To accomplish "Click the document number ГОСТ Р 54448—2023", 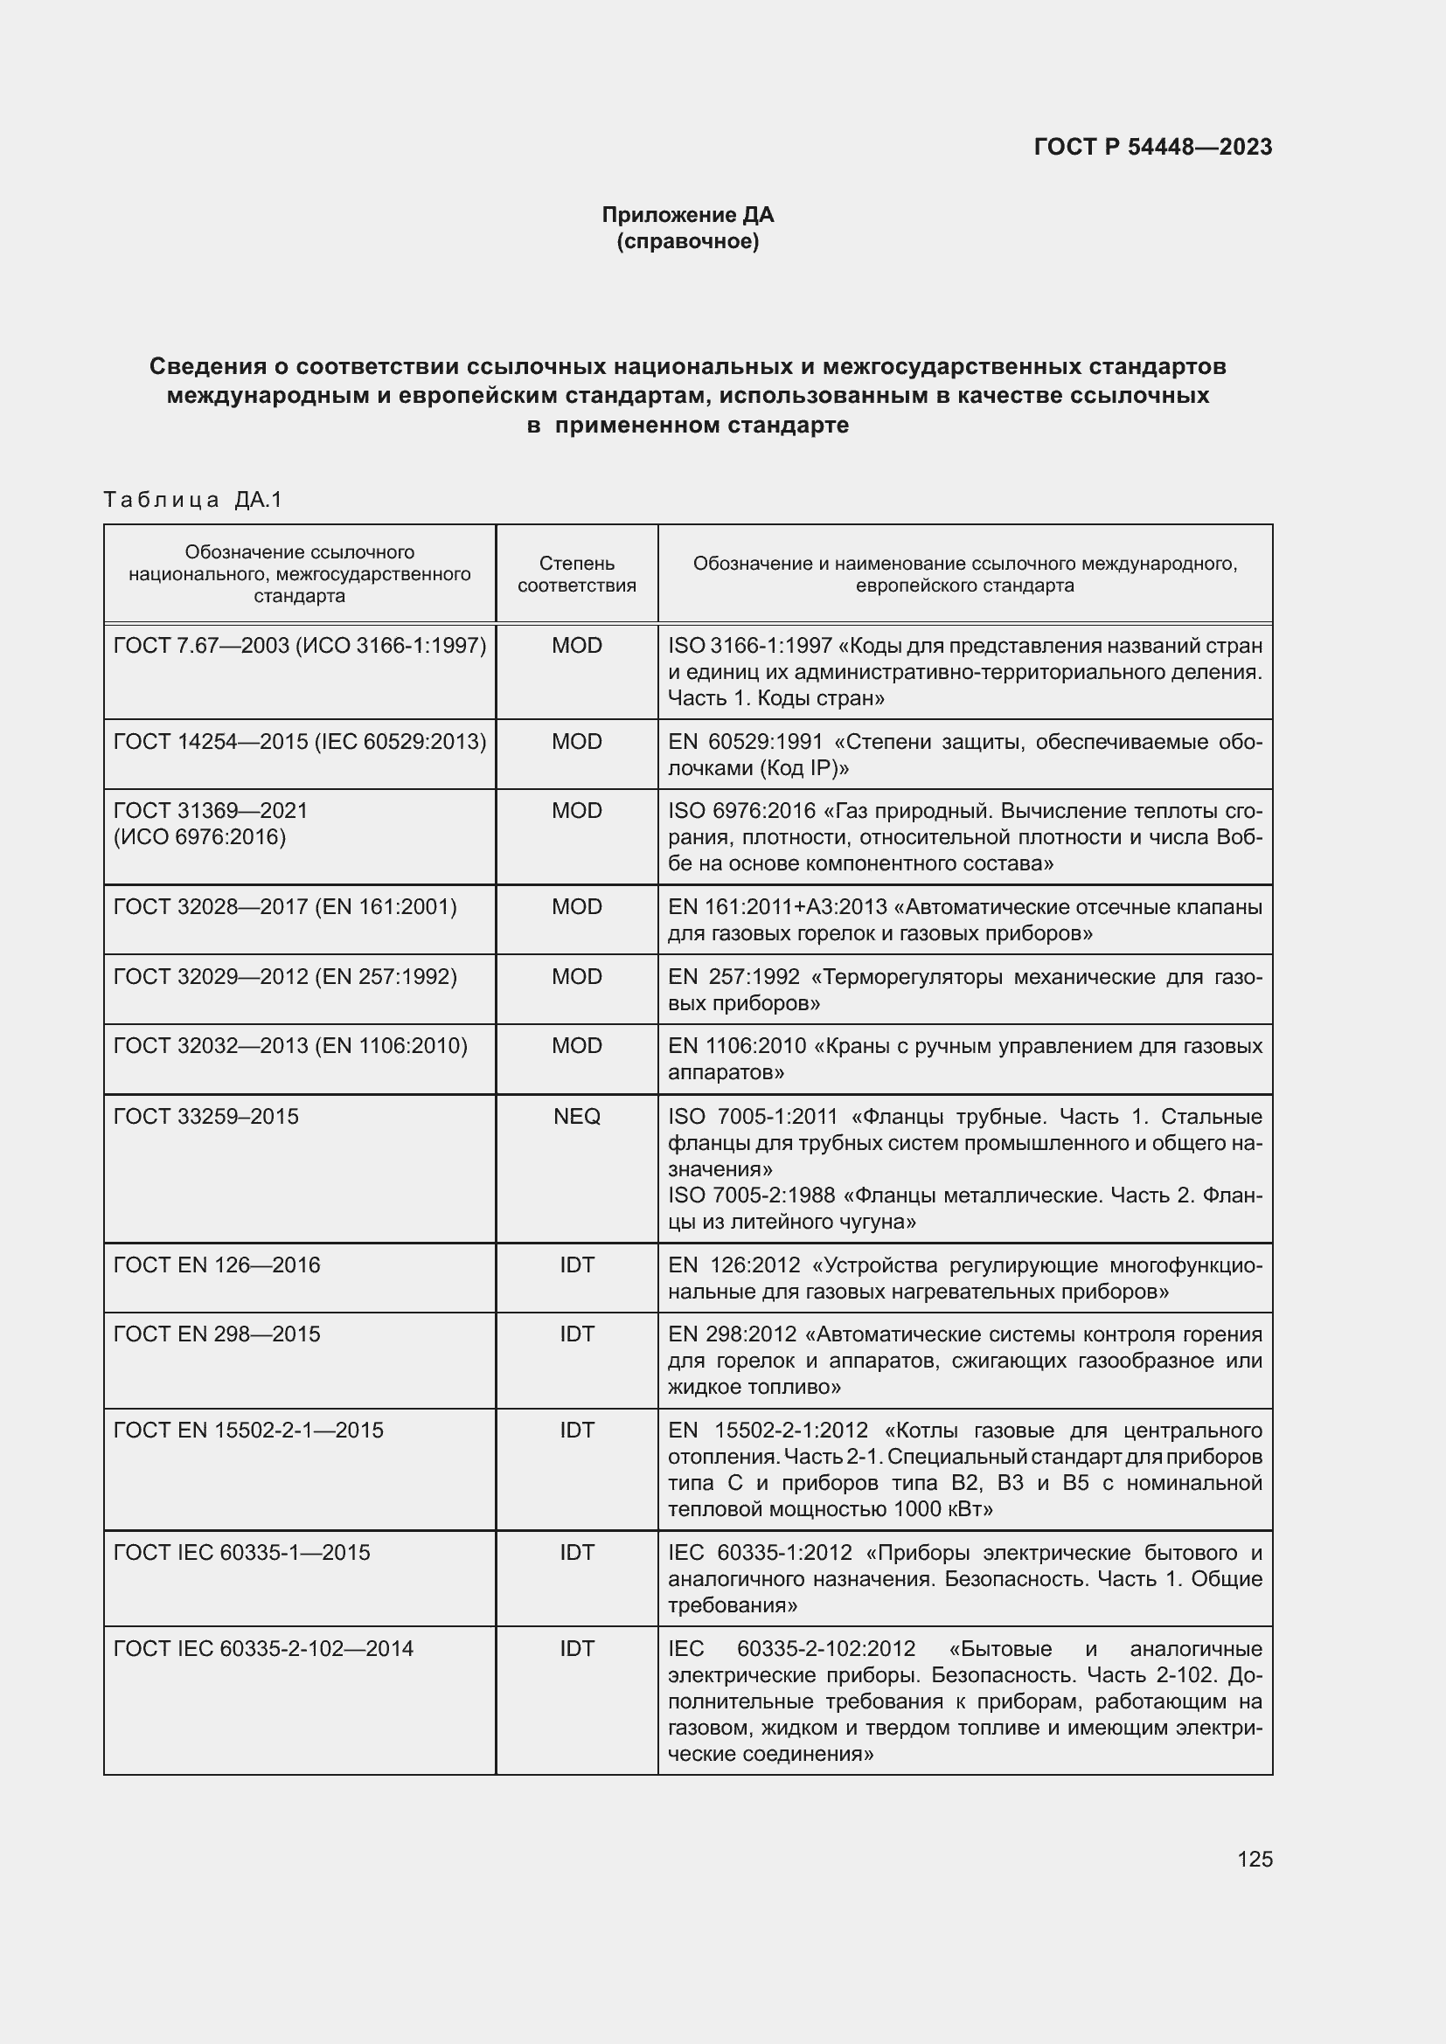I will coord(1152,147).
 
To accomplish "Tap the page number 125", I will coord(1255,1859).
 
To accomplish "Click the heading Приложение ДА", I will coord(687,215).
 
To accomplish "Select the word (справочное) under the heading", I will coord(687,241).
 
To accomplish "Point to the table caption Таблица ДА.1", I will coord(192,500).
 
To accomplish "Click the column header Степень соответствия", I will coord(576,574).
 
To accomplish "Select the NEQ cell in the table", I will coord(576,1116).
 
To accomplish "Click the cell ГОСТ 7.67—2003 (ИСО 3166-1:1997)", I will coord(299,646).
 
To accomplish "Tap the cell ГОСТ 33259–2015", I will coord(205,1116).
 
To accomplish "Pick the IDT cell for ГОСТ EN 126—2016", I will coord(576,1265).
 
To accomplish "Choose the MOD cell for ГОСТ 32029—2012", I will coord(576,977).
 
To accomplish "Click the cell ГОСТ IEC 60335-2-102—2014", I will coord(262,1649).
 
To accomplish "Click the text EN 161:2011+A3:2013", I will coord(776,907).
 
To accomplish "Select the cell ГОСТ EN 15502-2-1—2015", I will coord(247,1430).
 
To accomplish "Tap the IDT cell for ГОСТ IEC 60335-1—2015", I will coord(576,1553).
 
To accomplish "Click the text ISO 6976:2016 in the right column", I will coord(740,811).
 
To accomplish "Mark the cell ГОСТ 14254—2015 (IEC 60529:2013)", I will coord(299,742).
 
